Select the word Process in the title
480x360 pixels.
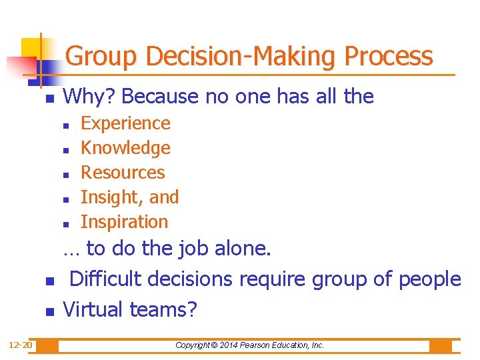coord(389,56)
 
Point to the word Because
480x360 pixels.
coord(160,97)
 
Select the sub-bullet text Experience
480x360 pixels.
coord(125,123)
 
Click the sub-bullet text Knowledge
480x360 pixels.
coord(125,148)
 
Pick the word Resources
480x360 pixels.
coord(123,173)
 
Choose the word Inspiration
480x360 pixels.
coord(125,222)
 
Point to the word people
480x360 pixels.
coord(429,279)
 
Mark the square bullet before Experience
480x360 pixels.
coord(66,125)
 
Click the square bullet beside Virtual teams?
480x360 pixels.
coord(49,312)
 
